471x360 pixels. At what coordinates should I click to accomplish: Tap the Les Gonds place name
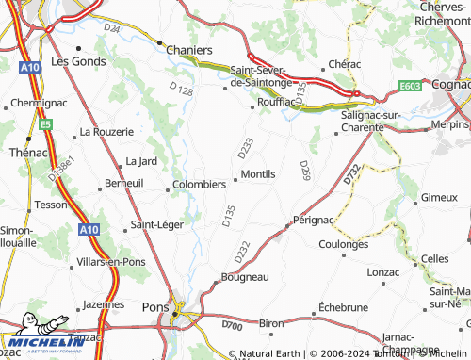(x=73, y=61)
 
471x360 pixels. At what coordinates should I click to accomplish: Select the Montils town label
(x=258, y=174)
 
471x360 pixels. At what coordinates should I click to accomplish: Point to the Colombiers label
(x=199, y=185)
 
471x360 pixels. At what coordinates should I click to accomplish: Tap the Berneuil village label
(x=124, y=184)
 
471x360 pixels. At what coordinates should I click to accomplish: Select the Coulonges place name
(x=343, y=243)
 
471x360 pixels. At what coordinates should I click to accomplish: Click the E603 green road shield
(x=410, y=87)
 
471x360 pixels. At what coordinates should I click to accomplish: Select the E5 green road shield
(x=43, y=123)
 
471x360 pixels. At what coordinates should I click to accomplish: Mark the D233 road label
(x=245, y=148)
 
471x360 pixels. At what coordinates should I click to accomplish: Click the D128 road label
(x=181, y=90)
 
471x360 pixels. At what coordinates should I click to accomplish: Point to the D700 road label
(x=231, y=325)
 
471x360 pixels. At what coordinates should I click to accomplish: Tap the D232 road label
(x=241, y=252)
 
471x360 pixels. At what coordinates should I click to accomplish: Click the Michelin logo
(x=37, y=341)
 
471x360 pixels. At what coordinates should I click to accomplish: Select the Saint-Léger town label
(x=157, y=224)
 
